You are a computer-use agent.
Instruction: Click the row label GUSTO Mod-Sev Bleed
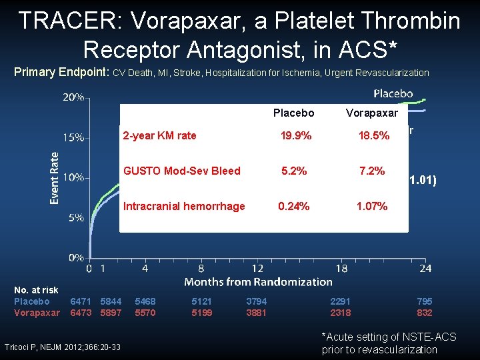click(181, 171)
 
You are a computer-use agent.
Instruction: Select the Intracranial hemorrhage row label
click(184, 206)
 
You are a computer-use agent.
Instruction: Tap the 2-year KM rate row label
click(159, 135)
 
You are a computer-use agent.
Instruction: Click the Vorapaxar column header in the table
click(371, 113)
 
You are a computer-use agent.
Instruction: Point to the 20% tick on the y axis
click(73, 97)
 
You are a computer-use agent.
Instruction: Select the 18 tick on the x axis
click(342, 268)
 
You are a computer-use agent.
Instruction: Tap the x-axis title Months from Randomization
click(257, 282)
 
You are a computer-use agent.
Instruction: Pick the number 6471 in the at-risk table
click(81, 301)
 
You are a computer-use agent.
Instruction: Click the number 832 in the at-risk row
click(424, 313)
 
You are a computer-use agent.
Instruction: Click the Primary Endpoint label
click(62, 72)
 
